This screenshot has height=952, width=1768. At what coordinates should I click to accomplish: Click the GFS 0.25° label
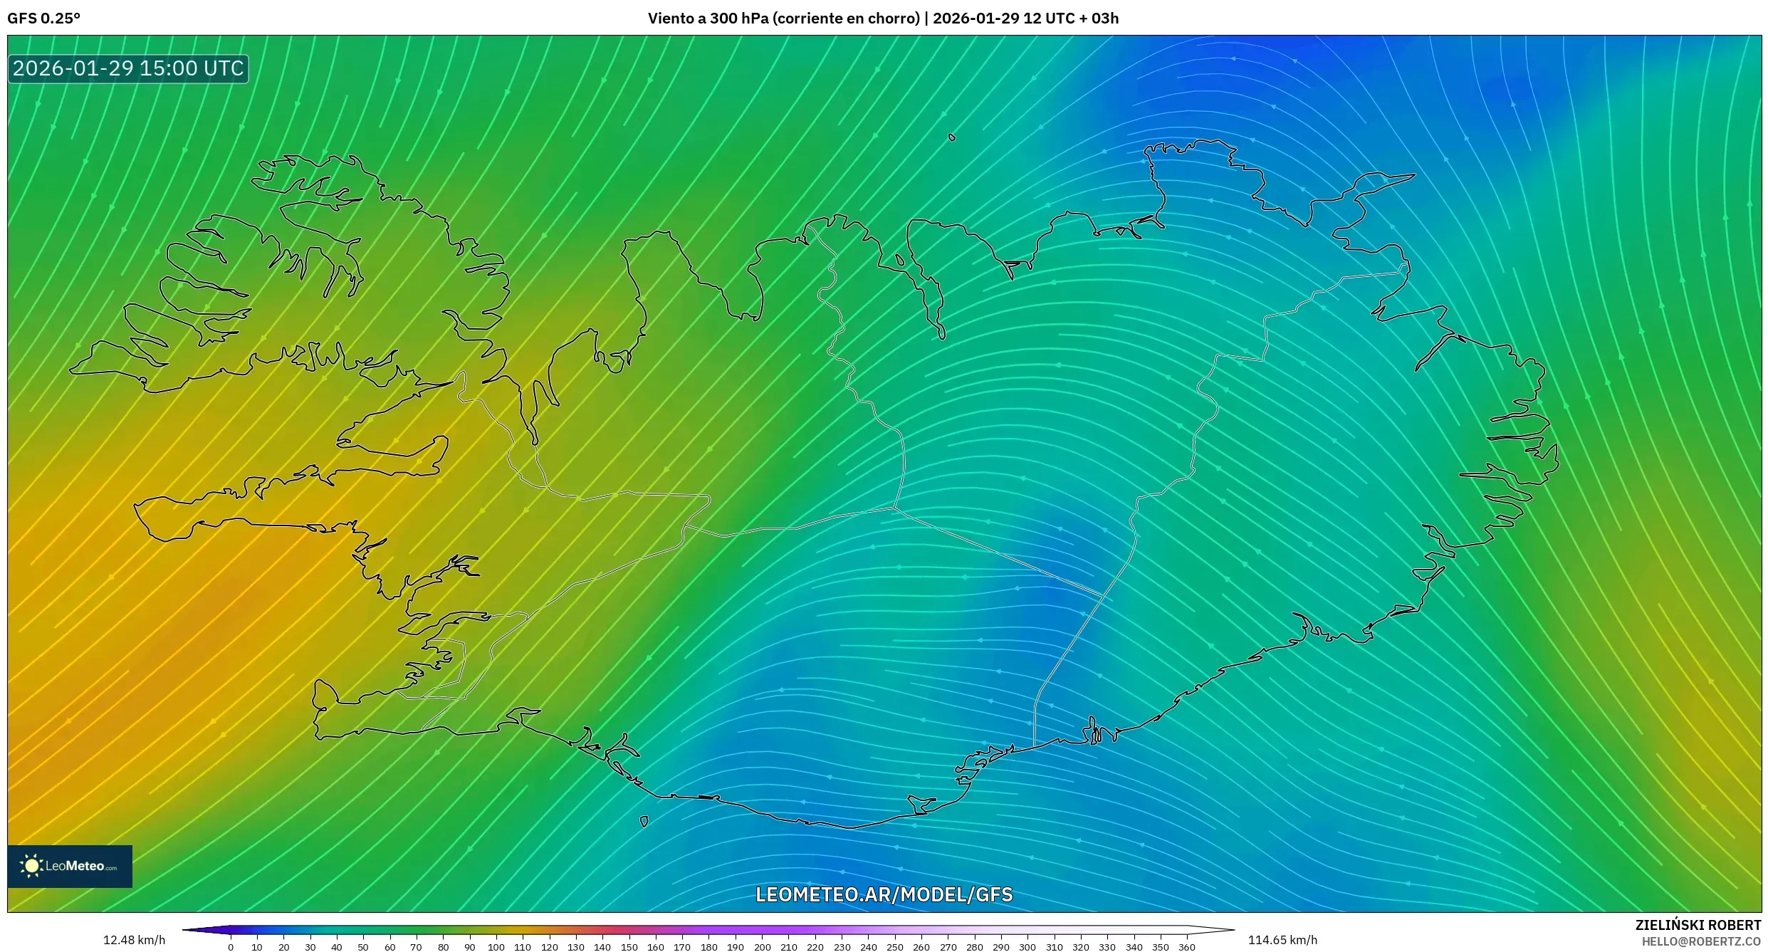(x=43, y=19)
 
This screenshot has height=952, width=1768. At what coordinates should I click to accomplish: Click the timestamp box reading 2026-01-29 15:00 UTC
(x=128, y=68)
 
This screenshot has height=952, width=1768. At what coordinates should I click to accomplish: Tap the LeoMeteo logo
(x=70, y=866)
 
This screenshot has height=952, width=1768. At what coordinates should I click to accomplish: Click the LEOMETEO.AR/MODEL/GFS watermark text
(x=884, y=894)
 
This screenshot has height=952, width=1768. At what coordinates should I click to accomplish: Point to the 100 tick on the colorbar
(x=496, y=947)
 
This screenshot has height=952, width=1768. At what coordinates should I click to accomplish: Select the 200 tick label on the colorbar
(x=762, y=947)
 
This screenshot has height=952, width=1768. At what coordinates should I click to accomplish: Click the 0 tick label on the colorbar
(x=231, y=947)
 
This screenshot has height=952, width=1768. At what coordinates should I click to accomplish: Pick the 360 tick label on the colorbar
(x=1187, y=947)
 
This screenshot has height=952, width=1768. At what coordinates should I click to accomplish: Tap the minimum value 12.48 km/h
(x=134, y=940)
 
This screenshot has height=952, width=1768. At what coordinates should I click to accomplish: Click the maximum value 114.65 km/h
(x=1282, y=940)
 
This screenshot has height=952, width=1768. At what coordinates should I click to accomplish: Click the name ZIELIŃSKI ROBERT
(x=1698, y=925)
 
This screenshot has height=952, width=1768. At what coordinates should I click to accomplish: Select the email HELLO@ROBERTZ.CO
(x=1701, y=941)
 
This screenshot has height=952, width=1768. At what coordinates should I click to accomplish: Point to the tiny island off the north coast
(x=952, y=137)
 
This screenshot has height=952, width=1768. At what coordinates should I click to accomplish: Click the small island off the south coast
(x=644, y=822)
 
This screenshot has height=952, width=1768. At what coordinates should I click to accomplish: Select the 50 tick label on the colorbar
(x=363, y=947)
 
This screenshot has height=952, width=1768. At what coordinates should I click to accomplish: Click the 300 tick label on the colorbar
(x=1027, y=947)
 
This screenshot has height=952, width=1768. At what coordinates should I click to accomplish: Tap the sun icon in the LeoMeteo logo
(x=31, y=866)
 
